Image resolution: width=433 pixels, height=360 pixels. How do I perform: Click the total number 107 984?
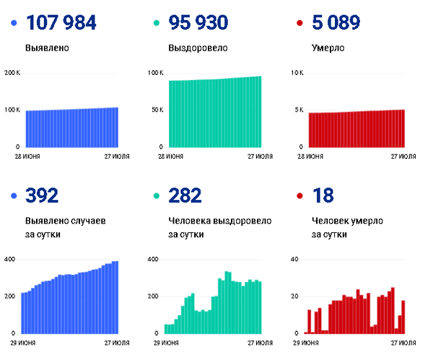coord(61,22)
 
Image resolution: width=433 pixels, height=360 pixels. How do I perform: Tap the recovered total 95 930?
coord(198,22)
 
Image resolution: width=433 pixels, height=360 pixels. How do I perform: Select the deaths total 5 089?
coord(336,22)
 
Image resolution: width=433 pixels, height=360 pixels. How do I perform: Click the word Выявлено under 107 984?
coord(47,48)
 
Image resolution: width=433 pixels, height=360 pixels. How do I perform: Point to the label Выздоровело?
coord(198,48)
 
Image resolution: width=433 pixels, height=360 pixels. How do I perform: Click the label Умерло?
coord(328,48)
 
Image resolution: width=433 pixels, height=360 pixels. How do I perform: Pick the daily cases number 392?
coord(42,196)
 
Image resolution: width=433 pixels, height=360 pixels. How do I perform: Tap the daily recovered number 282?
coord(185,196)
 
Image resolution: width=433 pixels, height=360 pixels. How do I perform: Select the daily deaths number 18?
coord(323,196)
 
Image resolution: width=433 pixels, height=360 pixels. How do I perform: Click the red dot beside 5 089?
coord(299,23)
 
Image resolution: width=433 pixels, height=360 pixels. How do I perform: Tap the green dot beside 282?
coord(157,196)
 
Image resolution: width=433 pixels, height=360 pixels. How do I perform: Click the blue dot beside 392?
coord(14,196)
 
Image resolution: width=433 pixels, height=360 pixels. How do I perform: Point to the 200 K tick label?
coord(12,73)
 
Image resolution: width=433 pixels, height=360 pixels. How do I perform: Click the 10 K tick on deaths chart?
coord(297,73)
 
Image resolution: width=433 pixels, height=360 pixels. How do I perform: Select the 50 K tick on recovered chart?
coord(157,110)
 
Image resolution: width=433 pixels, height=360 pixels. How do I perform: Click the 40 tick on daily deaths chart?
coord(294,259)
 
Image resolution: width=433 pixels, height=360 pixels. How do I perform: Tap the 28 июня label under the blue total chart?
coord(27,157)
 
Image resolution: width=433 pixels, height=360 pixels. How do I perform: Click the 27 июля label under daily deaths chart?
coord(403,343)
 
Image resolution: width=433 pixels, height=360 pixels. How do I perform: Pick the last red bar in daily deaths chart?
coord(403,317)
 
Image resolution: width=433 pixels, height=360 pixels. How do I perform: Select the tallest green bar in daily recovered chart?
coord(226,302)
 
